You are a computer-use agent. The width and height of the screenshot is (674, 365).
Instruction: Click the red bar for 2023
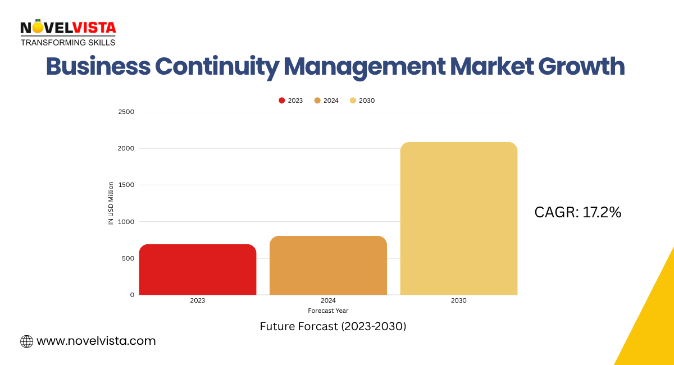point(198,270)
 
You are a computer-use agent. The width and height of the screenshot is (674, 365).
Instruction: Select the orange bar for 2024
point(328,265)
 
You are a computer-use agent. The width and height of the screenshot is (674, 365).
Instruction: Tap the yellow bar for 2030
point(458,218)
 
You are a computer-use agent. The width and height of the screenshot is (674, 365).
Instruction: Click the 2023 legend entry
point(290,101)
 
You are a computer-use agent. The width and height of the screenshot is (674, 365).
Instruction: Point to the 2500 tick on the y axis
point(126,112)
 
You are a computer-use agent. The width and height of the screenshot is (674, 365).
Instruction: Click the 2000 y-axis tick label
point(126,148)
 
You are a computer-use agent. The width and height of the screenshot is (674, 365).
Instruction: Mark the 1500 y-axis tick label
point(126,185)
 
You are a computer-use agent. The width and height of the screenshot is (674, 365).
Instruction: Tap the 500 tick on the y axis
point(128,258)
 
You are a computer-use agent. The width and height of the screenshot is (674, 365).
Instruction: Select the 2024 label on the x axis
point(328,300)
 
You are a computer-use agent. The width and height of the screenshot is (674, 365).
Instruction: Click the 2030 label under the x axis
point(458,300)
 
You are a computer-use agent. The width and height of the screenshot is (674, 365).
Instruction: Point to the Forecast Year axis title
point(328,311)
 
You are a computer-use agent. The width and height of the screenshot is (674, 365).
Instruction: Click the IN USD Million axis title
point(111,203)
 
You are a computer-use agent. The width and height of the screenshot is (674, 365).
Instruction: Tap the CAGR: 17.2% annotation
point(577,212)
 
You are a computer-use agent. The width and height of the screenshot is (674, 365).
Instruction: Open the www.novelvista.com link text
point(96,341)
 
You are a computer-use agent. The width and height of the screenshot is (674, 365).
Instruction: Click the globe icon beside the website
point(26,341)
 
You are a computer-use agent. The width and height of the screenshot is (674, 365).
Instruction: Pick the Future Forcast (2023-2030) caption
point(333,326)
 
